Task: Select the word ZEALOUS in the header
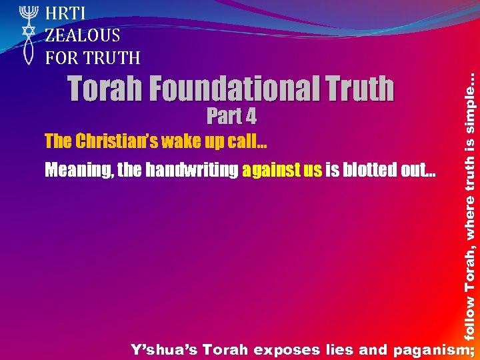tap(83, 35)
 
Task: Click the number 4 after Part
tap(250, 117)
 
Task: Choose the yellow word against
tap(271, 171)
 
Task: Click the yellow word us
tap(313, 171)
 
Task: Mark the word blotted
tap(372, 171)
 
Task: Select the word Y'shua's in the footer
tap(163, 349)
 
